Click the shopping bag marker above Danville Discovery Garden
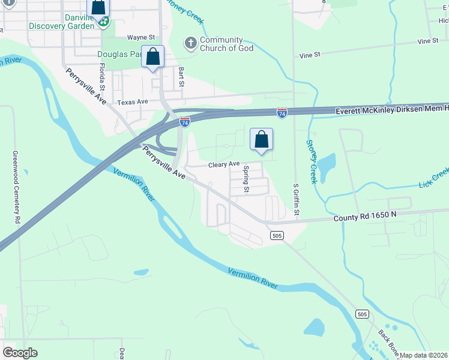click(98, 7)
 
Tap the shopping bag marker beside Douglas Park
click(153, 58)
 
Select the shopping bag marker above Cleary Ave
click(261, 140)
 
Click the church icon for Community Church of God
click(190, 44)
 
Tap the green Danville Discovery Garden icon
click(104, 22)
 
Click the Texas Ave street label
click(133, 102)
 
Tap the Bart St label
click(181, 76)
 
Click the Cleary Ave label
click(224, 164)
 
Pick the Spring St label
click(246, 179)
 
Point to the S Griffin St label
click(296, 201)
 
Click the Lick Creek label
click(434, 176)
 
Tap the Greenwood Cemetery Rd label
click(16, 187)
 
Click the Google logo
click(20, 353)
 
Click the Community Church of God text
click(226, 44)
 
